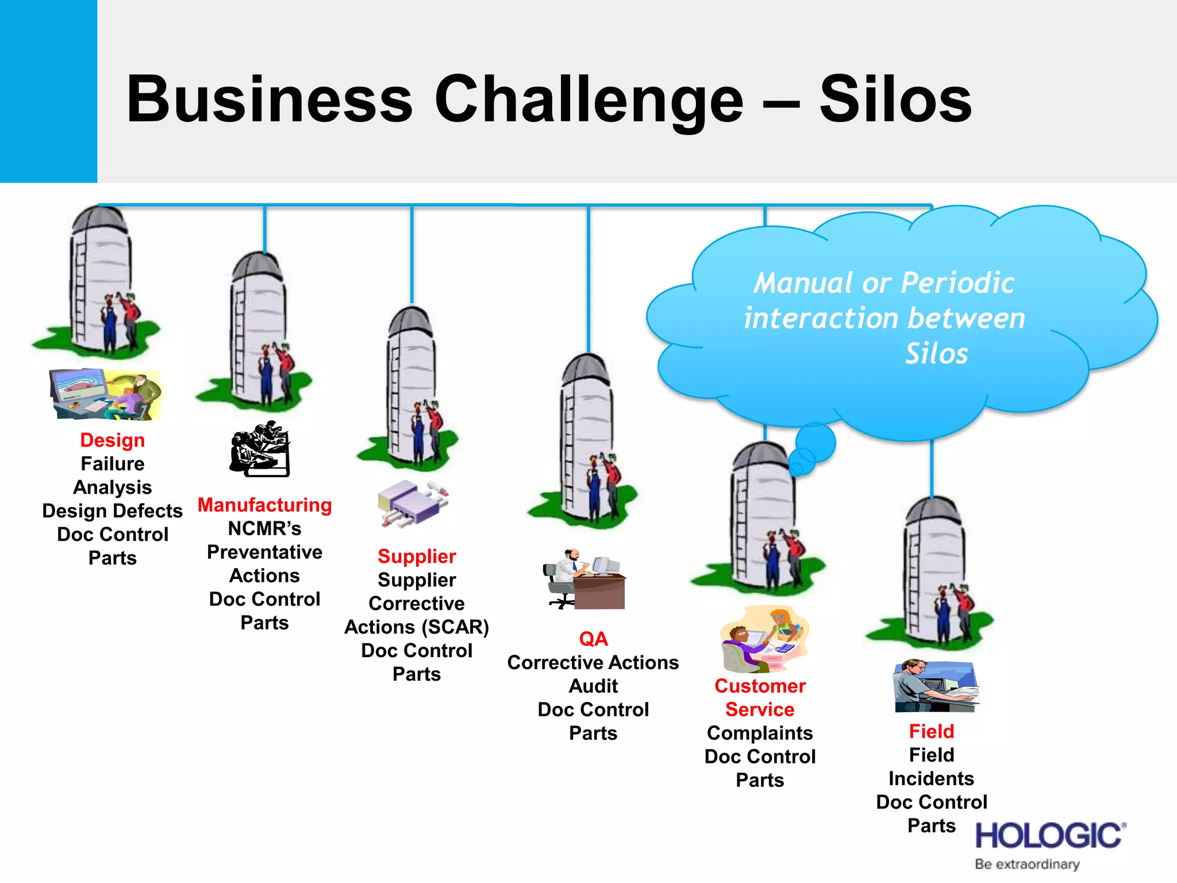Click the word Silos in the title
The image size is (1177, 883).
click(895, 100)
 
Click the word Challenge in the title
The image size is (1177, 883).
click(588, 101)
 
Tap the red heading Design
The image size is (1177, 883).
click(112, 440)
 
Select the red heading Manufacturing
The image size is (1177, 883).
click(264, 505)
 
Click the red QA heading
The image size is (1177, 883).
click(593, 639)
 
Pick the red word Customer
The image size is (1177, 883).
click(760, 686)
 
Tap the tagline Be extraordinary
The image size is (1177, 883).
click(1027, 865)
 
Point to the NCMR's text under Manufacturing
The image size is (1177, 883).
click(264, 528)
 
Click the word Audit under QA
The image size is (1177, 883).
click(593, 686)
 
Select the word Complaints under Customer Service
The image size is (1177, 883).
click(760, 733)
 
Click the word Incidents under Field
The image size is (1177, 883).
click(931, 778)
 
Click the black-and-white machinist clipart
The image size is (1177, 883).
click(260, 449)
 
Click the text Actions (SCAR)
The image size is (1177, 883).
click(417, 627)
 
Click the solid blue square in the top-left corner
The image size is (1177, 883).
click(48, 91)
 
